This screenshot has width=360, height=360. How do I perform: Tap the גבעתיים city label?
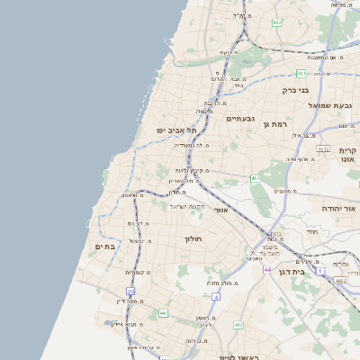pyautogui.click(x=240, y=119)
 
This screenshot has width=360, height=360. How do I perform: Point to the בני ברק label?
pyautogui.click(x=294, y=90)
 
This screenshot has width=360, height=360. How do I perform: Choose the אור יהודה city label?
pyautogui.click(x=338, y=208)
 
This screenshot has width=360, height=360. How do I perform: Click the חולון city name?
pyautogui.click(x=194, y=238)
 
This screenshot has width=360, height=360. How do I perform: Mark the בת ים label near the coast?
pyautogui.click(x=106, y=246)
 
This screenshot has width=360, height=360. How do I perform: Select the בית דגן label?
pyautogui.click(x=312, y=270)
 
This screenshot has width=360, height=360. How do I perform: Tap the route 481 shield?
pyautogui.click(x=301, y=74)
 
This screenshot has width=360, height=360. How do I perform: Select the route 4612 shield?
pyautogui.click(x=323, y=148)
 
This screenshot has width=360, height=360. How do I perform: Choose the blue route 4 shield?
pyautogui.click(x=213, y=294)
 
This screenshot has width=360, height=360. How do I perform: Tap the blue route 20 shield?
pyautogui.click(x=131, y=292)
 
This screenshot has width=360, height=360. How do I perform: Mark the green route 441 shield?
pyautogui.click(x=163, y=312)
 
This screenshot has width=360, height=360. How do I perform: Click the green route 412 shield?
pyautogui.click(x=238, y=324)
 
